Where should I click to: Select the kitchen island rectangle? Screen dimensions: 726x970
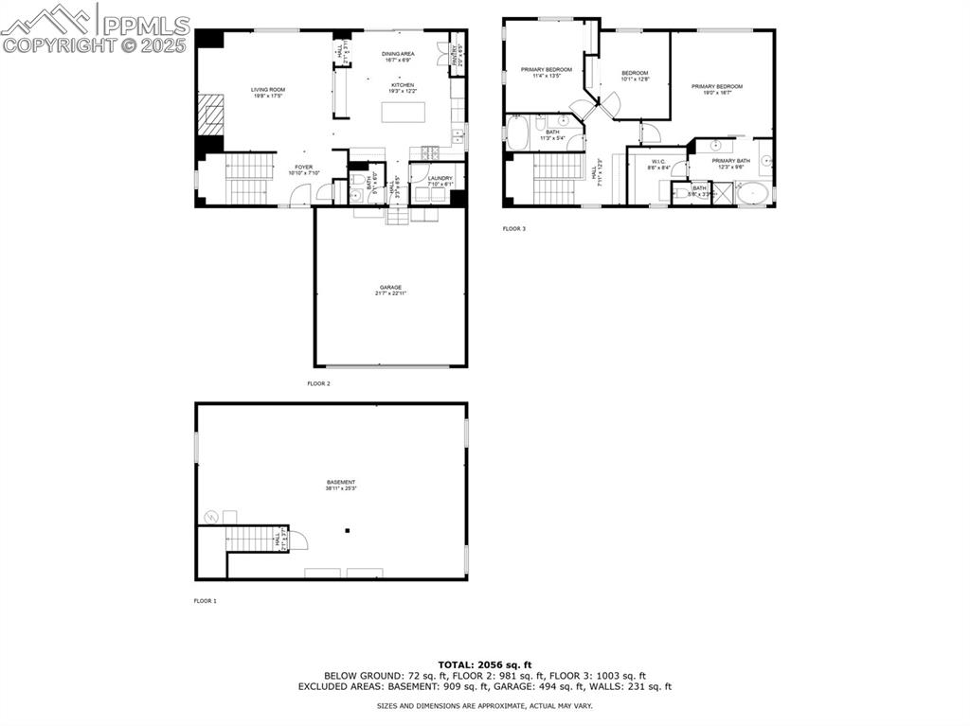click(x=403, y=112)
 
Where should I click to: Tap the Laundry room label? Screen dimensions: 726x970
click(x=440, y=178)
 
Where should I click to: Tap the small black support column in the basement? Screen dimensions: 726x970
click(x=348, y=530)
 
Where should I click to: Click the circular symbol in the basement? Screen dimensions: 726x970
click(x=211, y=517)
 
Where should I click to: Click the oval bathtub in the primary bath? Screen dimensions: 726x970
click(x=754, y=195)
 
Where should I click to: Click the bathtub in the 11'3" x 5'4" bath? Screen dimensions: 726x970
click(x=519, y=133)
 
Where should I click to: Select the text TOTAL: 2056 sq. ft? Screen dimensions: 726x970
click(x=485, y=664)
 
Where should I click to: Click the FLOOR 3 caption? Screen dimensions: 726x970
click(x=514, y=228)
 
